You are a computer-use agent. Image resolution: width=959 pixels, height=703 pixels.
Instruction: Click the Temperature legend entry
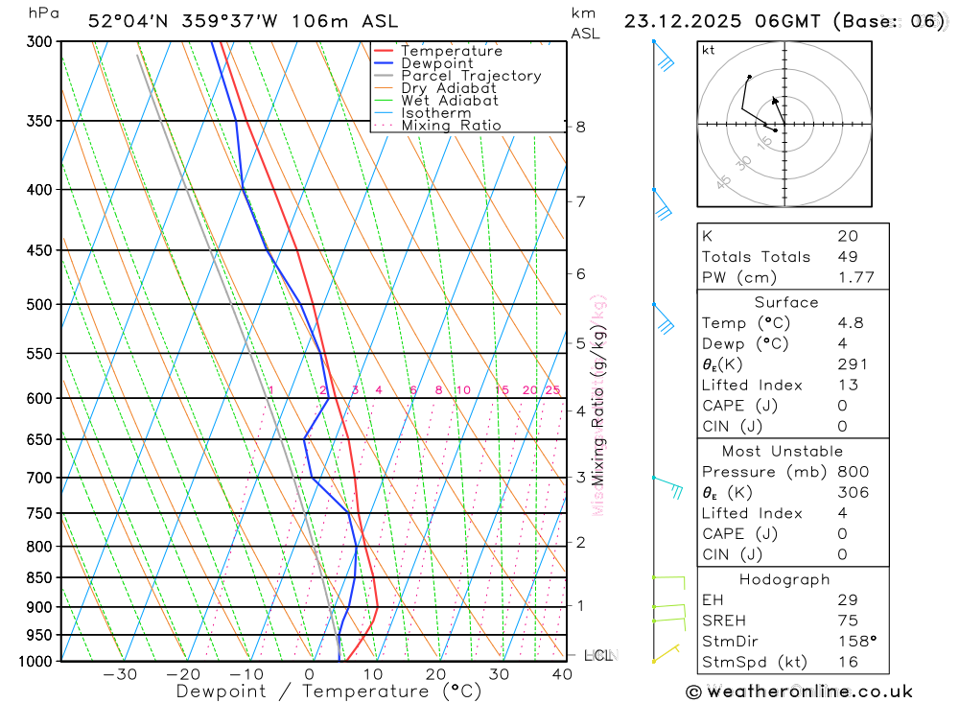click(x=451, y=51)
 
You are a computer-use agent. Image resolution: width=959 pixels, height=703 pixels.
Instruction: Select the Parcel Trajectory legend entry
click(x=471, y=76)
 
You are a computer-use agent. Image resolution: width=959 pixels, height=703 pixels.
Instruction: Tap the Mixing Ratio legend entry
click(x=451, y=126)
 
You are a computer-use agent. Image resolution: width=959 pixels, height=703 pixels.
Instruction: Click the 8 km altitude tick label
click(x=580, y=127)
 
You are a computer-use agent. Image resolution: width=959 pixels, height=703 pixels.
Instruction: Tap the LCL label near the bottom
click(x=597, y=656)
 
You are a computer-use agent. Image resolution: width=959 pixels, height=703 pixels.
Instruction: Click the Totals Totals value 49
click(x=847, y=257)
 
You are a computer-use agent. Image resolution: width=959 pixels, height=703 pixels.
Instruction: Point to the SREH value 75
click(x=847, y=621)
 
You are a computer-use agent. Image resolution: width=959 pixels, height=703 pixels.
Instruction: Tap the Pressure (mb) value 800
click(x=853, y=472)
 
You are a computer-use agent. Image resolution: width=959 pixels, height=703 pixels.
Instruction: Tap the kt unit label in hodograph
click(x=709, y=50)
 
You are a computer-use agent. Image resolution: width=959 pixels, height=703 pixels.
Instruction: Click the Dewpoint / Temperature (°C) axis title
click(x=328, y=691)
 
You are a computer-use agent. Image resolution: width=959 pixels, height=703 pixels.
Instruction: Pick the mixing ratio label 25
click(x=552, y=390)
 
